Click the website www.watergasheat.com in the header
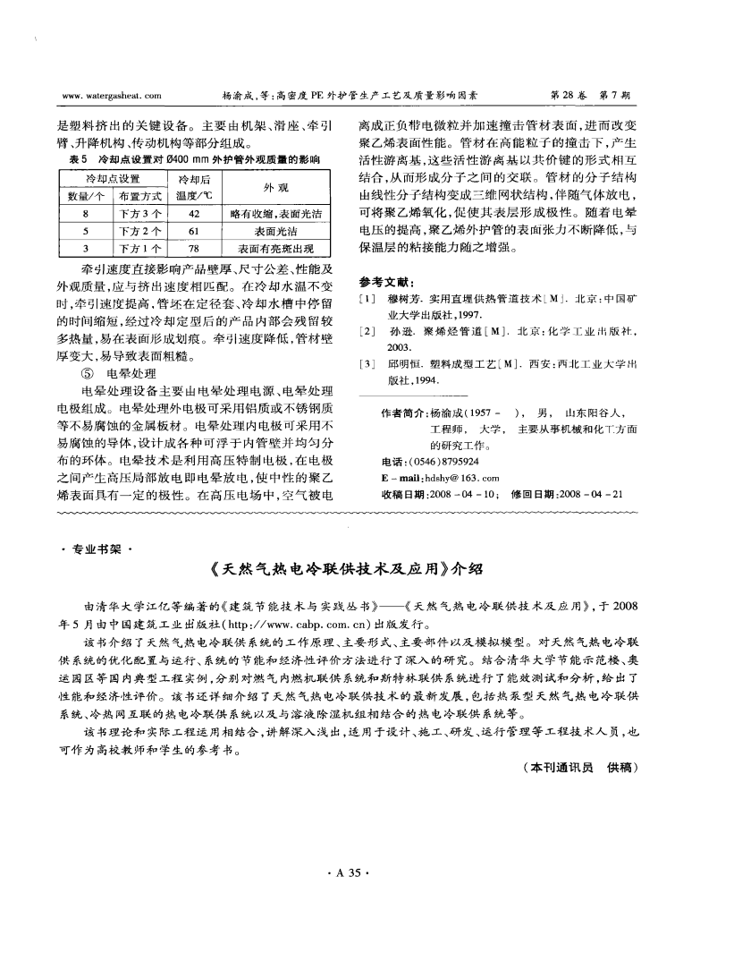108,92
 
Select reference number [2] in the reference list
365,331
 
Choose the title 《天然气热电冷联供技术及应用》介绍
367,567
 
